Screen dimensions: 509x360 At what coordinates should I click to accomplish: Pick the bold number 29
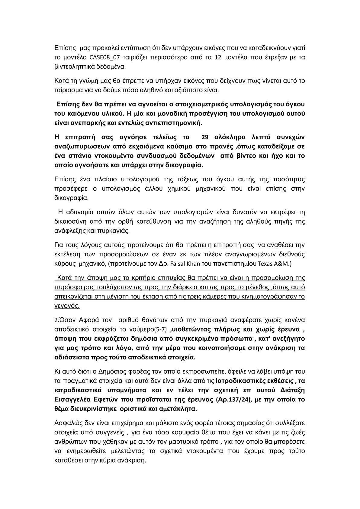[205, 137]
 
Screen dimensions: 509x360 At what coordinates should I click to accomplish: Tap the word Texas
[266, 264]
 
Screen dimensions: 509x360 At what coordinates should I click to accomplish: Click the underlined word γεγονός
[67, 306]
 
